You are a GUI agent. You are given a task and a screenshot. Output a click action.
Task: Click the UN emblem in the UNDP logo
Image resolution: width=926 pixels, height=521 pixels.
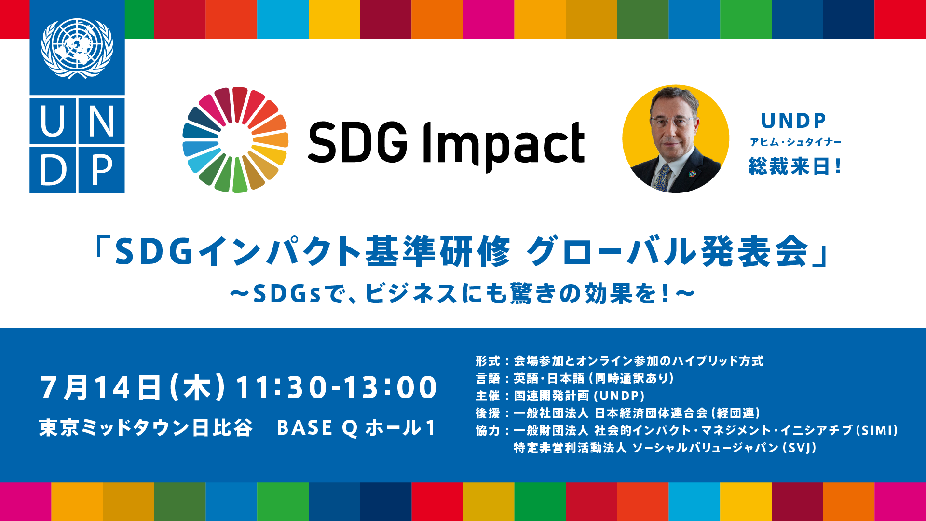click(x=77, y=48)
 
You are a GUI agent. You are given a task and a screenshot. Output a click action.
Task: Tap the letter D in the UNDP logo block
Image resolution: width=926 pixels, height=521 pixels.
click(x=53, y=170)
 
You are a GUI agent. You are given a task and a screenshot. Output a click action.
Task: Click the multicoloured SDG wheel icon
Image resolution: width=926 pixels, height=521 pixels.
click(x=235, y=140)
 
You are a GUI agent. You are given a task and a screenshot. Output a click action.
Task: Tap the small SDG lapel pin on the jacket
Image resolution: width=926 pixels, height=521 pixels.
click(x=692, y=173)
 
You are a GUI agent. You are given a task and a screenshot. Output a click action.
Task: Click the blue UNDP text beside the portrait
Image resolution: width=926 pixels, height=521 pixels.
click(x=793, y=121)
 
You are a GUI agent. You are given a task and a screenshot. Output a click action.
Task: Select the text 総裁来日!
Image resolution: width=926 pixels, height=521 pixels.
click(x=795, y=166)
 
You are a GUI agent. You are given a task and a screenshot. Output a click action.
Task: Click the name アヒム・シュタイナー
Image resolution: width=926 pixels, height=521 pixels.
click(x=795, y=142)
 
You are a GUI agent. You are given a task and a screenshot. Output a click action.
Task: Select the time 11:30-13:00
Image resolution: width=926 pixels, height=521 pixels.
click(x=336, y=387)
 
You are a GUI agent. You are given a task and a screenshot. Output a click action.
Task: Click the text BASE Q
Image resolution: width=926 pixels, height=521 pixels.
click(x=317, y=428)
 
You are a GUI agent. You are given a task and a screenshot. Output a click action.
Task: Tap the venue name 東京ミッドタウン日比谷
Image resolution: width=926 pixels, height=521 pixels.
click(x=146, y=427)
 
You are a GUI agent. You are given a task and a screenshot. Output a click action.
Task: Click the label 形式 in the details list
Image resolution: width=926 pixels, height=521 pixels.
click(x=488, y=361)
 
